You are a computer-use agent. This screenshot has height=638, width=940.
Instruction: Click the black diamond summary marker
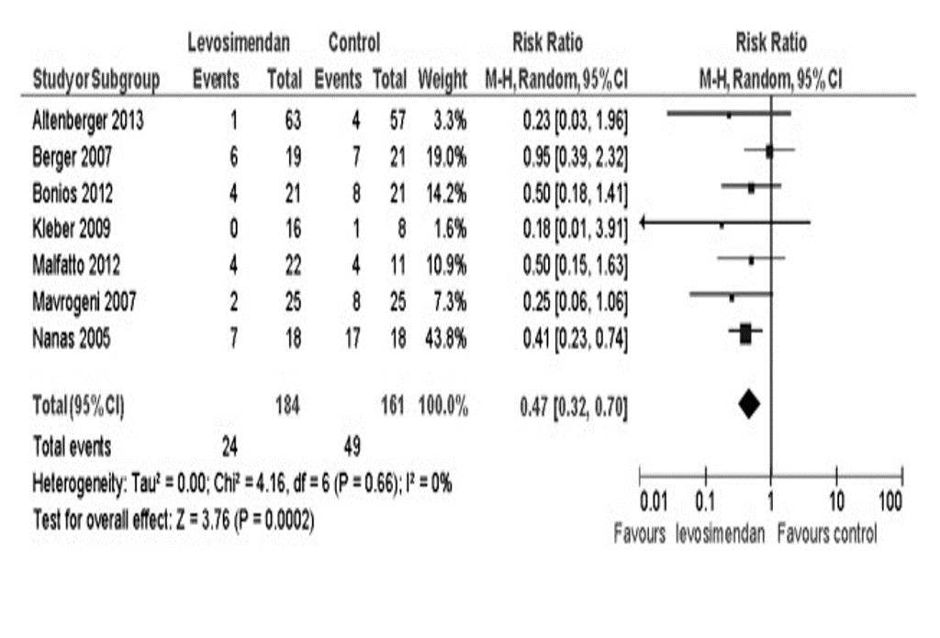[x=749, y=403]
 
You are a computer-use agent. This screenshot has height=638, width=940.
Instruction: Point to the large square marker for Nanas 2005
[x=745, y=335]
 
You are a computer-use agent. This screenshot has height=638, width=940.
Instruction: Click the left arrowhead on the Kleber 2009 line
[x=643, y=222]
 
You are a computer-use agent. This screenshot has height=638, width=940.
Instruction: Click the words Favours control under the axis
[x=826, y=533]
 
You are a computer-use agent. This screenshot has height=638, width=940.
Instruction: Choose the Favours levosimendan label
[x=688, y=533]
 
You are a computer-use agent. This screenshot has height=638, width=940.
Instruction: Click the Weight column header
[x=442, y=81]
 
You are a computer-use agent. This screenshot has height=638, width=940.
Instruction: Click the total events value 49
[x=352, y=447]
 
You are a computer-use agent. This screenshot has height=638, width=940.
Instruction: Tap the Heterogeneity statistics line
[x=241, y=484]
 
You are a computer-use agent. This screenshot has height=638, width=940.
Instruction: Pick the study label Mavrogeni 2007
[x=84, y=301]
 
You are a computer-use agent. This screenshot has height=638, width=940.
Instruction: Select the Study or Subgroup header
[x=95, y=81]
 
